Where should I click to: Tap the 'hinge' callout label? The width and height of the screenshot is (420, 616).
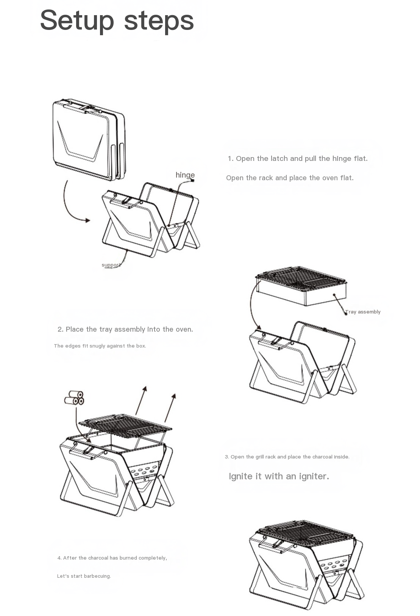(185, 175)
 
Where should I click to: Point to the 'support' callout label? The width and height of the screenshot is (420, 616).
(111, 265)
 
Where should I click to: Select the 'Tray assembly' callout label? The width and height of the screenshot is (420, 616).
(363, 312)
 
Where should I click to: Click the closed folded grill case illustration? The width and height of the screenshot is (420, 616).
(89, 139)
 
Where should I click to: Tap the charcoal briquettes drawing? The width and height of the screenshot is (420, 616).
(74, 398)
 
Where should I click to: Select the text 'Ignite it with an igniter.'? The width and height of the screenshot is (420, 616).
(279, 476)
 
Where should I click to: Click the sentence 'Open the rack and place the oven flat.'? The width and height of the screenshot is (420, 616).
(290, 178)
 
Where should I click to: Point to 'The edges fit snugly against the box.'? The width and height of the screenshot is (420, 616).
(100, 346)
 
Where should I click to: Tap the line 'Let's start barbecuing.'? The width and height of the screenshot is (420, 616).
(84, 576)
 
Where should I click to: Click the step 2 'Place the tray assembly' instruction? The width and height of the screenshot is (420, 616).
(125, 329)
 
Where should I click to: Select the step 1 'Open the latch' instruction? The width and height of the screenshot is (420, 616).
(298, 158)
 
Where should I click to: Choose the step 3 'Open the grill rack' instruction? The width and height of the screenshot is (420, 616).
(287, 457)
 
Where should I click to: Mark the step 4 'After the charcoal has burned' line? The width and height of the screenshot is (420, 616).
(112, 558)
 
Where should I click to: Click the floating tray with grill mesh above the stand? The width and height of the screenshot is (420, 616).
(301, 286)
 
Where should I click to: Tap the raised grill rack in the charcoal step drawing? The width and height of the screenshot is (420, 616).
(125, 426)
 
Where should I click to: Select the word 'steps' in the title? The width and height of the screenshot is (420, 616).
(159, 22)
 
